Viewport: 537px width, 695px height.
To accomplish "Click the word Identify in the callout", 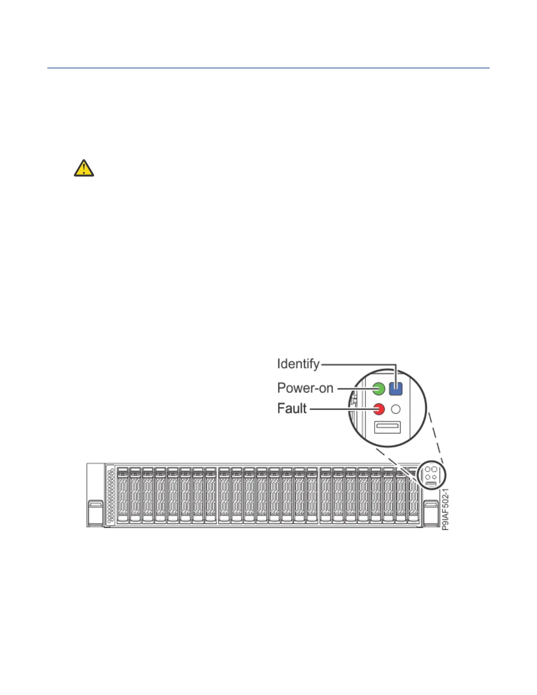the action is [298, 364].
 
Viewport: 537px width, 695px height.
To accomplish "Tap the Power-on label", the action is [305, 388].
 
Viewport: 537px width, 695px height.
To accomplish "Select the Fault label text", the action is [292, 408].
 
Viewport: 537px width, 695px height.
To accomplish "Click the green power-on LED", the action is [379, 388].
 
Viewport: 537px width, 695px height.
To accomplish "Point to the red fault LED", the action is [379, 409].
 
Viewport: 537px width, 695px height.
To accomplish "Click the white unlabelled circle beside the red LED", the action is [396, 409].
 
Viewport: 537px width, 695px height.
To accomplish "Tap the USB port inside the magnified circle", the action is [387, 427].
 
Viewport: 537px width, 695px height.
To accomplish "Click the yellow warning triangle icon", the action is [84, 168].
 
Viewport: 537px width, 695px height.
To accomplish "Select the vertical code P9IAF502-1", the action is [445, 509].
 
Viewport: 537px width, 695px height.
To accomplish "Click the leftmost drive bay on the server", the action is [123, 495].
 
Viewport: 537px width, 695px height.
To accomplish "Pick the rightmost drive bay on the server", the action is [413, 495].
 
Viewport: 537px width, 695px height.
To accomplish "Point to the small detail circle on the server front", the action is [431, 475].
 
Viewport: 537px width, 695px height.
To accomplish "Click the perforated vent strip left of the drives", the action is [111, 495].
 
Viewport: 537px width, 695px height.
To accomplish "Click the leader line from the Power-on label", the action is [354, 388].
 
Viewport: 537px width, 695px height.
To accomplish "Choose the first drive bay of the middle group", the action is [224, 495].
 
